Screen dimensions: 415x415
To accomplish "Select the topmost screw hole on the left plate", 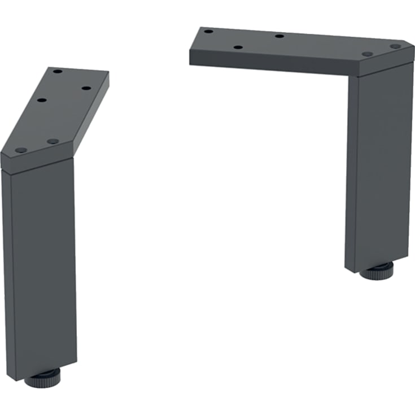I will coord(58,72).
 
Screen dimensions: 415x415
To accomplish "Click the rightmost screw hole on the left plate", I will coord(86,88).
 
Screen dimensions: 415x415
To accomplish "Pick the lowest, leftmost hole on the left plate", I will coord(21,150).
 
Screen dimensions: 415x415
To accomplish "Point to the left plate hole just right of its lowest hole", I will coord(53,141).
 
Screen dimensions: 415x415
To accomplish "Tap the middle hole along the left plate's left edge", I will coord(41,101).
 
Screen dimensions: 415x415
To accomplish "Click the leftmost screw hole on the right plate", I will coord(208,31).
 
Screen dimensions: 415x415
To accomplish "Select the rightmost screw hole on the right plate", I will coord(395,46).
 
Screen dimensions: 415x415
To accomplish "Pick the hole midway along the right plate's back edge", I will coord(279,36).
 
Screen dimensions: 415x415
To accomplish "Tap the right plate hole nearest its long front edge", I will coord(238,47).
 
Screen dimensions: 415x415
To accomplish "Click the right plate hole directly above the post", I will coord(367,54).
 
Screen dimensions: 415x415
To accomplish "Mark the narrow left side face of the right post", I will coord(352,169).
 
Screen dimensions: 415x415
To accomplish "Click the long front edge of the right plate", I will coord(271,65).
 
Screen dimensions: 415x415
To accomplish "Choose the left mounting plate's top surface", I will coord(62,113).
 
